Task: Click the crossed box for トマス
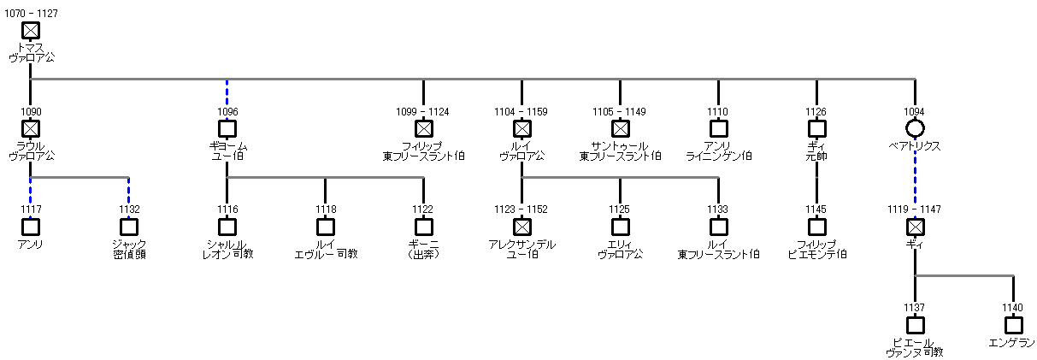[x=30, y=31]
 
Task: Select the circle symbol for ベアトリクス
[x=915, y=128]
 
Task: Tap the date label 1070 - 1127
[x=30, y=15]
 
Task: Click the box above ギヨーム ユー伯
[x=227, y=128]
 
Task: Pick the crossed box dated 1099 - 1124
[x=423, y=128]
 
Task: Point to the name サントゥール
[x=620, y=146]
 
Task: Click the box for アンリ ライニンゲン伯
[x=718, y=128]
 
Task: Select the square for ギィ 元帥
[x=816, y=128]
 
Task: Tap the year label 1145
[x=816, y=210]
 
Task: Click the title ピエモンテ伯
[x=816, y=254]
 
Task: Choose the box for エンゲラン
[x=1013, y=325]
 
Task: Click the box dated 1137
[x=915, y=325]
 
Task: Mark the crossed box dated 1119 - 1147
[x=915, y=227]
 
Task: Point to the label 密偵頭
[x=128, y=254]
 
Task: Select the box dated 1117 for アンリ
[x=30, y=227]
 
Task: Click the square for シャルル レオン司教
[x=227, y=227]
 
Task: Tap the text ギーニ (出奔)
[x=423, y=249]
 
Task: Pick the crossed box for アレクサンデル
[x=521, y=227]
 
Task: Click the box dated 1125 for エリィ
[x=620, y=227]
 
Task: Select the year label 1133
[x=718, y=210]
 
